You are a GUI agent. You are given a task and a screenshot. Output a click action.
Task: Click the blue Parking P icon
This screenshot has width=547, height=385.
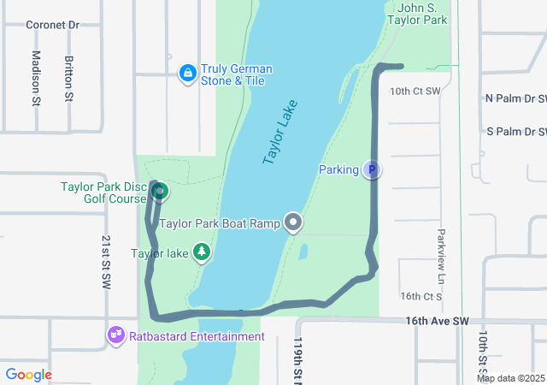pos(371,170)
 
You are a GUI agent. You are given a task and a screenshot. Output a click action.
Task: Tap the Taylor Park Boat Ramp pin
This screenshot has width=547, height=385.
pos(294,223)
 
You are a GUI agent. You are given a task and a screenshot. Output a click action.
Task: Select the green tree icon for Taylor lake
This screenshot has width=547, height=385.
pos(202,252)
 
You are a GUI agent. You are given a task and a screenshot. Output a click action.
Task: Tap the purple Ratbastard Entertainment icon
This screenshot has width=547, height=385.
pos(116,336)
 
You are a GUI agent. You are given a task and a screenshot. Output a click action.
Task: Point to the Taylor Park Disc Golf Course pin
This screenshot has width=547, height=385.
pos(159,191)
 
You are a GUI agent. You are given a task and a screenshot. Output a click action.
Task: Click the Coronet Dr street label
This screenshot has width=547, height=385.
pos(51,25)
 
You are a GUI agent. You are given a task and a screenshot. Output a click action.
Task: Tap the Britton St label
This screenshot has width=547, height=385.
pos(68,80)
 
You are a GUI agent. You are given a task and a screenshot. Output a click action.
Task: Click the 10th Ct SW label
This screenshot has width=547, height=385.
pos(415,91)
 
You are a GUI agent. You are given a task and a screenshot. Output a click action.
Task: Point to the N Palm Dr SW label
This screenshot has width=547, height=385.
pos(515,98)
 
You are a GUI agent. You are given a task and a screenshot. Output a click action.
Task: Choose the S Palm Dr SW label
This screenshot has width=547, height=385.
pos(516,132)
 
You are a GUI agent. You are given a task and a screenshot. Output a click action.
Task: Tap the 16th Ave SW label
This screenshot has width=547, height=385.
pos(438,321)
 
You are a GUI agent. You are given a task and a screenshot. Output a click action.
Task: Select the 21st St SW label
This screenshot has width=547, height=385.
pos(105,262)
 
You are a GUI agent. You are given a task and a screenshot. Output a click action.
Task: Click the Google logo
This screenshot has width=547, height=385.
pos(28,375)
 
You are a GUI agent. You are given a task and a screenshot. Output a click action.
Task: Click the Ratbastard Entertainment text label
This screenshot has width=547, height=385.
pos(197,336)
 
